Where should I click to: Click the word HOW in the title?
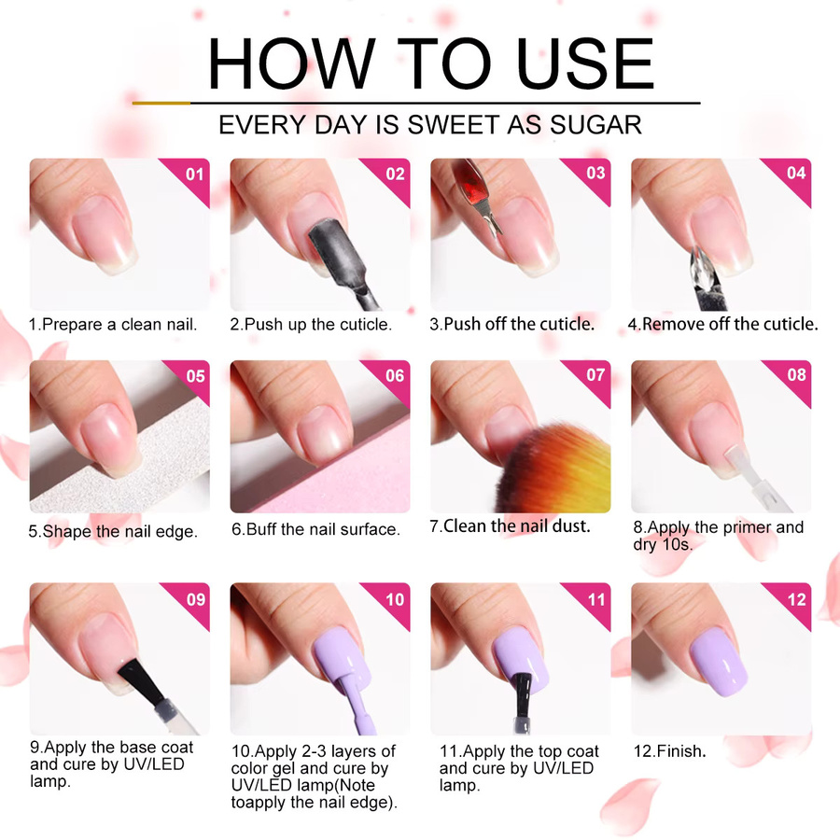pos(291,63)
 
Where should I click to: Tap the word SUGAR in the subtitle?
pos(595,125)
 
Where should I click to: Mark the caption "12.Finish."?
pos(669,751)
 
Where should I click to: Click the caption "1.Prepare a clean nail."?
pos(113,324)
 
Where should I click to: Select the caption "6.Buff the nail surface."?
pos(316,529)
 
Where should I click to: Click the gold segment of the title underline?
pos(161,103)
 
